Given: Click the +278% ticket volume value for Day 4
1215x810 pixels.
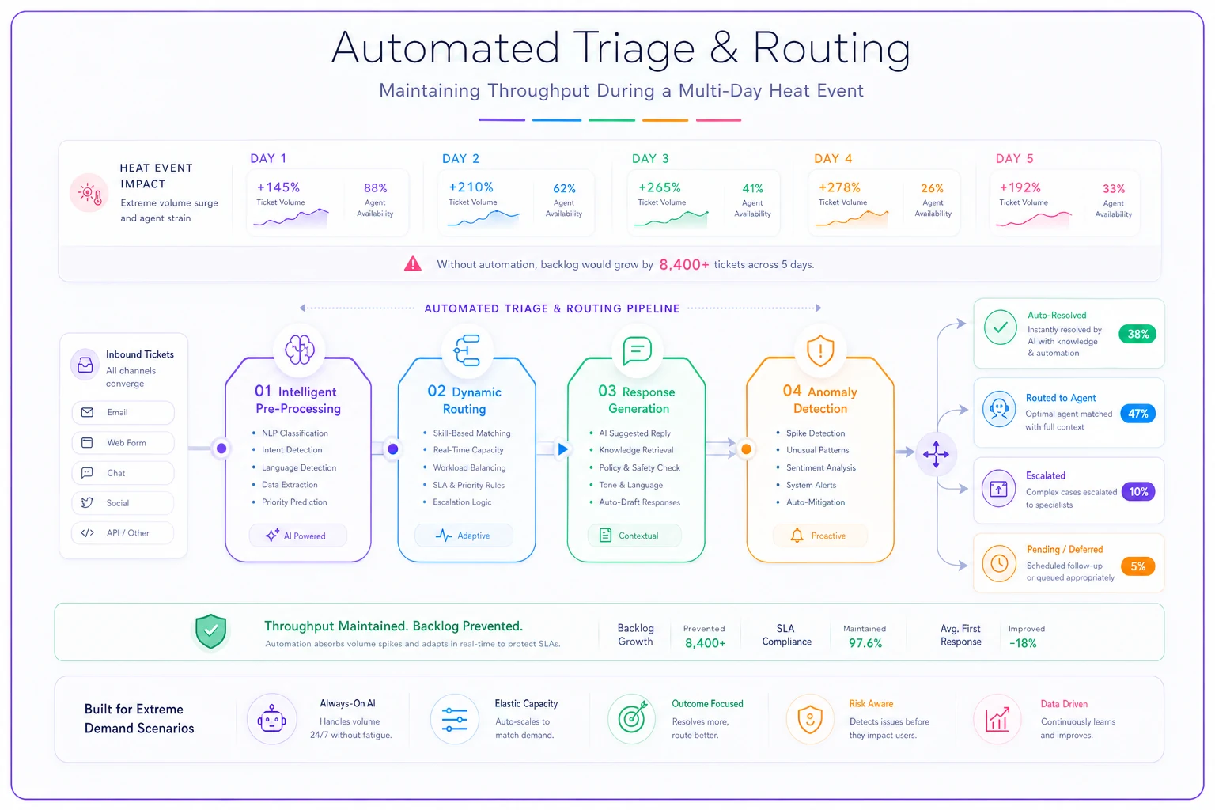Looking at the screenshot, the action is [x=839, y=187].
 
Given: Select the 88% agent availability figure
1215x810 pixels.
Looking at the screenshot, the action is [x=376, y=187].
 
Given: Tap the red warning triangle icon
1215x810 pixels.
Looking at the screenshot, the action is [x=413, y=263].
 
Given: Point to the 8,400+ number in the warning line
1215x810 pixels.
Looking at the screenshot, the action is [x=684, y=264].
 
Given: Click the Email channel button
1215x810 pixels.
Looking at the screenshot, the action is [x=123, y=412].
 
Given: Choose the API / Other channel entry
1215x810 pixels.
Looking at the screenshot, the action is [x=123, y=533].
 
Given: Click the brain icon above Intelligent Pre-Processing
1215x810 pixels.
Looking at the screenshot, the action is [x=300, y=350].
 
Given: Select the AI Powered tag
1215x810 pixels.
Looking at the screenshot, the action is [x=297, y=536].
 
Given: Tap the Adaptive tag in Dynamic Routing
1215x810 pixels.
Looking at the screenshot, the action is [x=464, y=536].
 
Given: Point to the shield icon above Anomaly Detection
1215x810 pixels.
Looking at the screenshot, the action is [x=820, y=351].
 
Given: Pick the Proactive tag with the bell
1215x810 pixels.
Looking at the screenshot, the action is [x=819, y=536].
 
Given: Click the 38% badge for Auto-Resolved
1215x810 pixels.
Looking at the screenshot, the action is [x=1137, y=334].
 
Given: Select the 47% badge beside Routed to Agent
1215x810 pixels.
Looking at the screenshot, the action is [x=1137, y=414].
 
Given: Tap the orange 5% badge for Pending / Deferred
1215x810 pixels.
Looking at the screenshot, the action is [x=1137, y=566].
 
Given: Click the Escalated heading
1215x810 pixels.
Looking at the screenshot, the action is [x=1045, y=475].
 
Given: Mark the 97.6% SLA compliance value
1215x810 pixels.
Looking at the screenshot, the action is [x=865, y=643].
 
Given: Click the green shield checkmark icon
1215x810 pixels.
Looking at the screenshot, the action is [x=210, y=631].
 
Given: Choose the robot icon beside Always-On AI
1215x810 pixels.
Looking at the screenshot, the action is [x=272, y=719].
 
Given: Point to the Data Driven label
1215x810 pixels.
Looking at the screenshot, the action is [x=1064, y=704].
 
